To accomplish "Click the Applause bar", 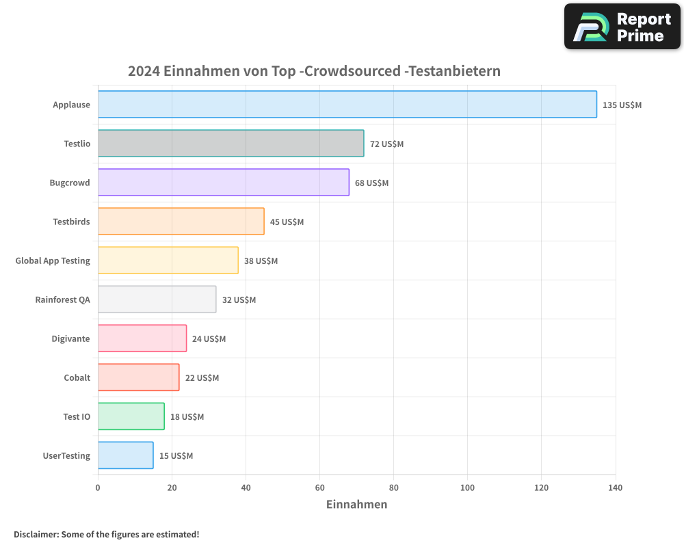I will pyautogui.click(x=347, y=105).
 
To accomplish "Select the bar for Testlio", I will pyautogui.click(x=231, y=144).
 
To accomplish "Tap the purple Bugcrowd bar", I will pyautogui.click(x=223, y=183).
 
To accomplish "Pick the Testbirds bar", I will pyautogui.click(x=181, y=222).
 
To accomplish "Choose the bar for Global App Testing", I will pyautogui.click(x=168, y=261).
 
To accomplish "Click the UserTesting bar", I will pyautogui.click(x=125, y=455).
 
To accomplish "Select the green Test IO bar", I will pyautogui.click(x=131, y=416).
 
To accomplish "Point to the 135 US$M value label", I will pyautogui.click(x=622, y=105).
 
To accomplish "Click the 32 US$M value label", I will pyautogui.click(x=239, y=299).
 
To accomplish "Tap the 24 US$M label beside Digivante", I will pyautogui.click(x=209, y=338).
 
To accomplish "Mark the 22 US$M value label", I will pyautogui.click(x=202, y=377).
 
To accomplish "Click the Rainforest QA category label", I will pyautogui.click(x=62, y=299).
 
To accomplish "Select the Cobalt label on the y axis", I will pyautogui.click(x=77, y=377).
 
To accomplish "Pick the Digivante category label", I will pyautogui.click(x=70, y=338).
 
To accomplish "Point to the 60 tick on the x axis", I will pyautogui.click(x=319, y=488).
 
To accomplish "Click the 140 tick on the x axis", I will pyautogui.click(x=615, y=488).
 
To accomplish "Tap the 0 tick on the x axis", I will pyautogui.click(x=98, y=488).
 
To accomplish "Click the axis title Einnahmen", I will pyautogui.click(x=356, y=505).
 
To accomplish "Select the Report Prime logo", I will pyautogui.click(x=622, y=27).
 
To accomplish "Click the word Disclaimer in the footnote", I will pyautogui.click(x=36, y=534).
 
